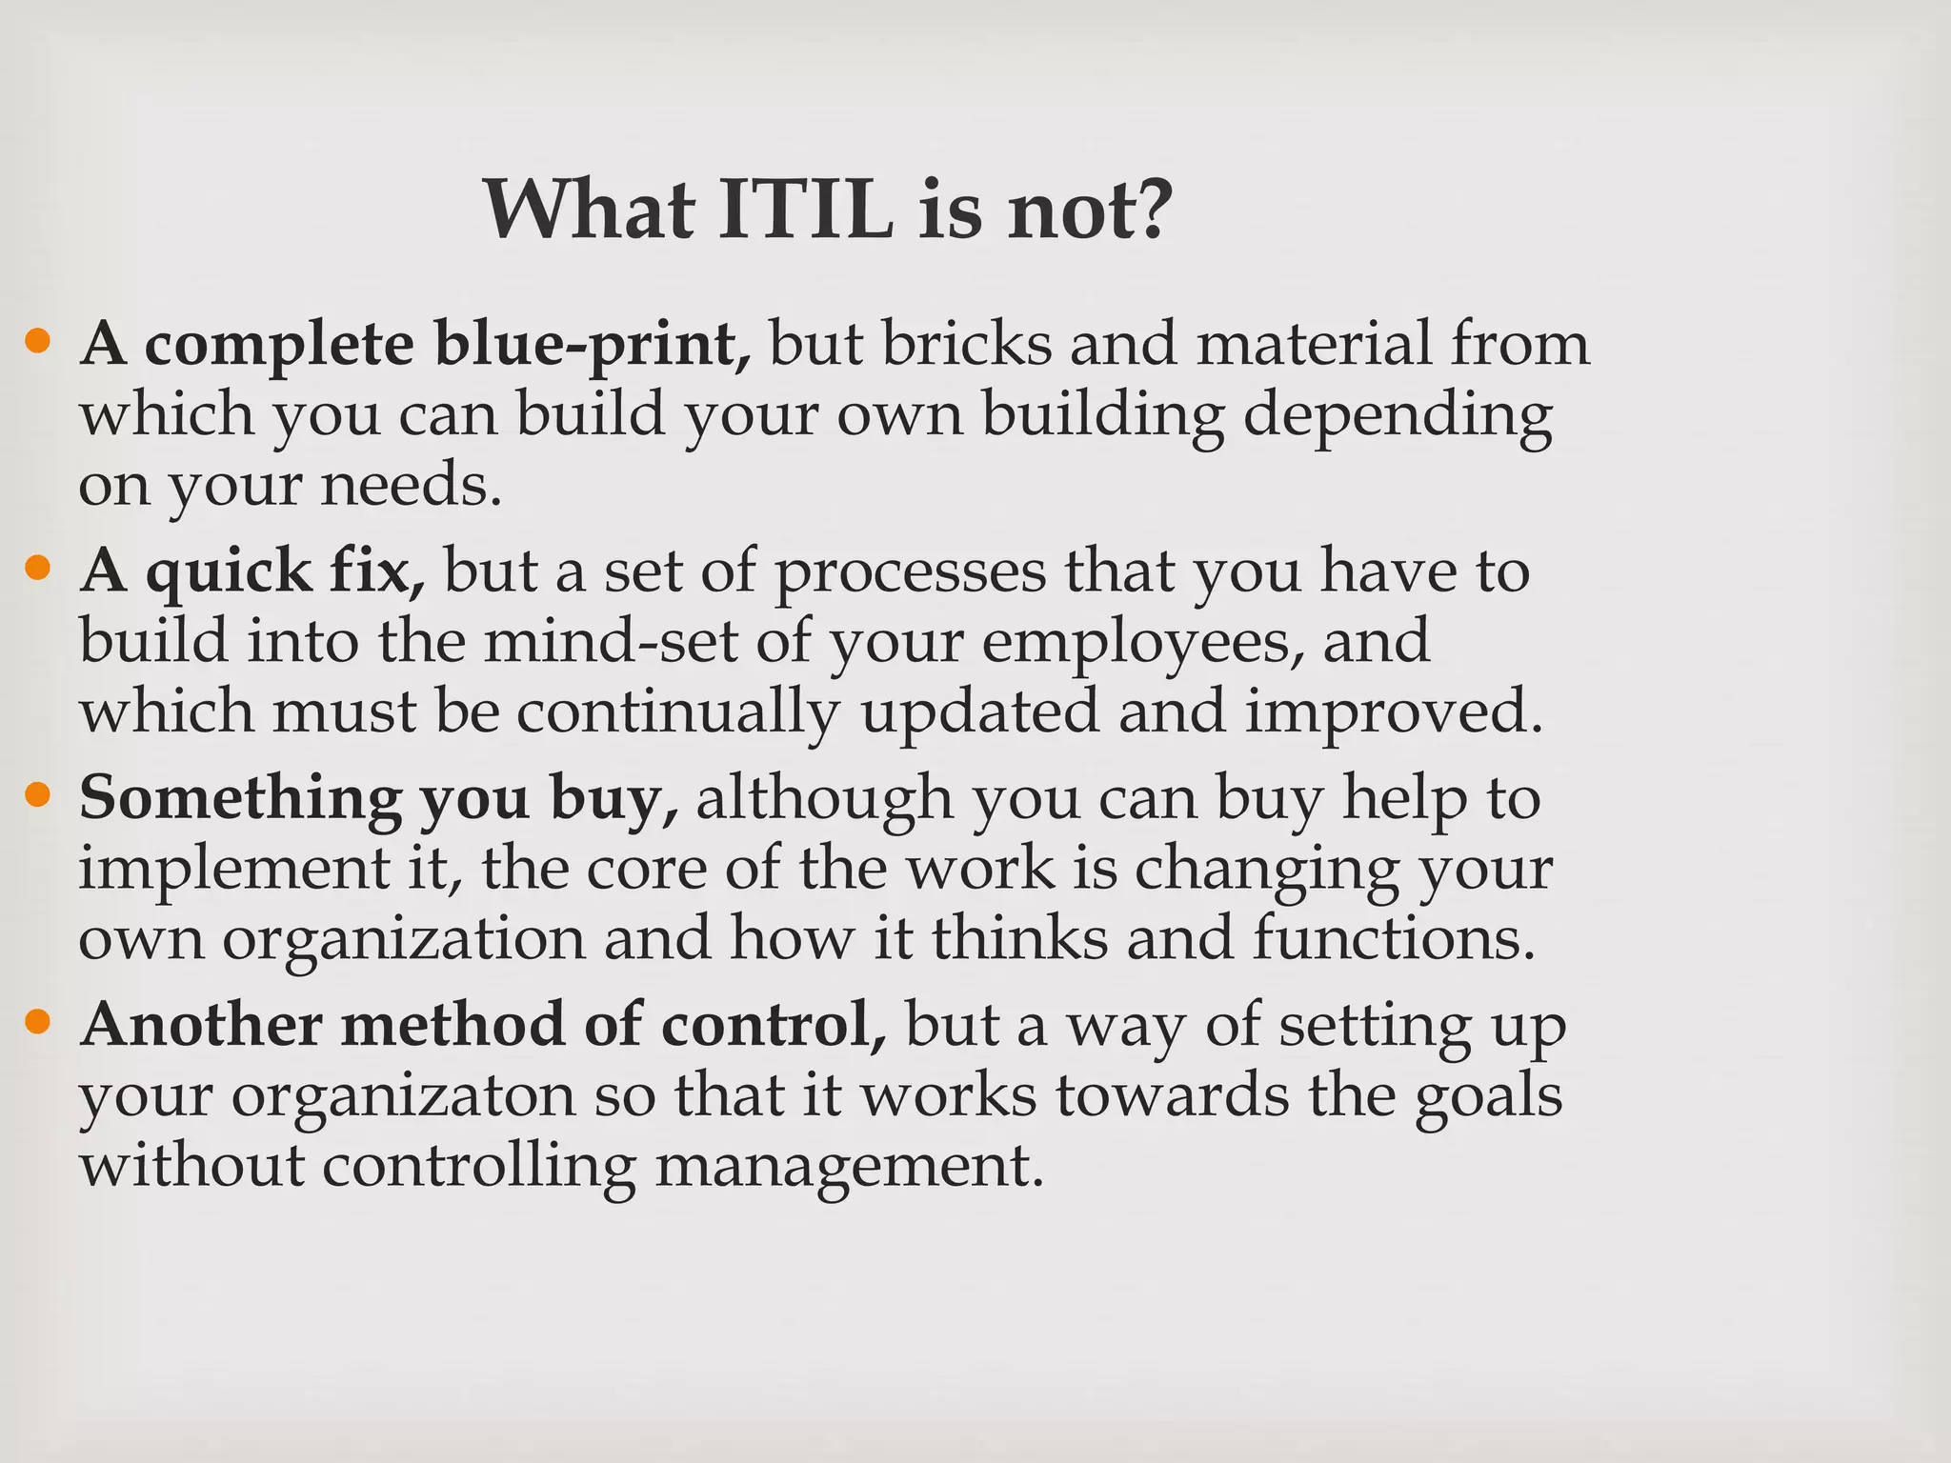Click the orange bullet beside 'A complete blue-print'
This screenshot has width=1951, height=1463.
[37, 340]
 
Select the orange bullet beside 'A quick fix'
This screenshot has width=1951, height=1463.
[37, 569]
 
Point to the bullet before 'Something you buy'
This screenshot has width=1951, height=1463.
[37, 795]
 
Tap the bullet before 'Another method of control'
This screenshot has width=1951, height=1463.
[37, 1022]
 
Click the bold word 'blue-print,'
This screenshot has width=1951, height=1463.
[592, 345]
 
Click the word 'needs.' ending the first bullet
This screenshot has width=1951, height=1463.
[410, 486]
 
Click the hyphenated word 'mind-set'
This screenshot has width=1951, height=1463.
[610, 641]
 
